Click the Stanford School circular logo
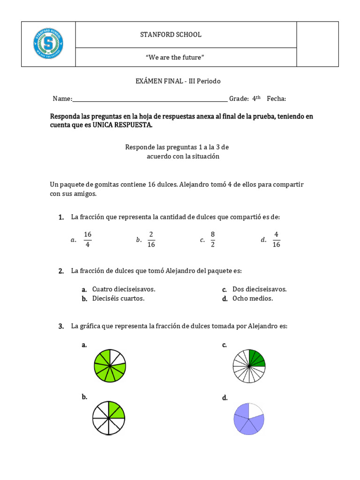point(48,44)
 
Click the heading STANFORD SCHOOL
point(171,35)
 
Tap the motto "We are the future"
point(175,57)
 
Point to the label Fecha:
point(277,99)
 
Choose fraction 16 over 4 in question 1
point(88,239)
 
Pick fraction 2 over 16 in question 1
point(151,239)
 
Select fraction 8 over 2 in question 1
point(212,239)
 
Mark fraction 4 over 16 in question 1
point(276,239)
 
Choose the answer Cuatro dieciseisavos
point(124,289)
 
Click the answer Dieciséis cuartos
point(118,299)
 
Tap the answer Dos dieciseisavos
point(259,289)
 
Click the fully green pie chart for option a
point(110,365)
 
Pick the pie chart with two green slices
point(109,417)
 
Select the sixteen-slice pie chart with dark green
point(249,366)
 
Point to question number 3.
point(61,327)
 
